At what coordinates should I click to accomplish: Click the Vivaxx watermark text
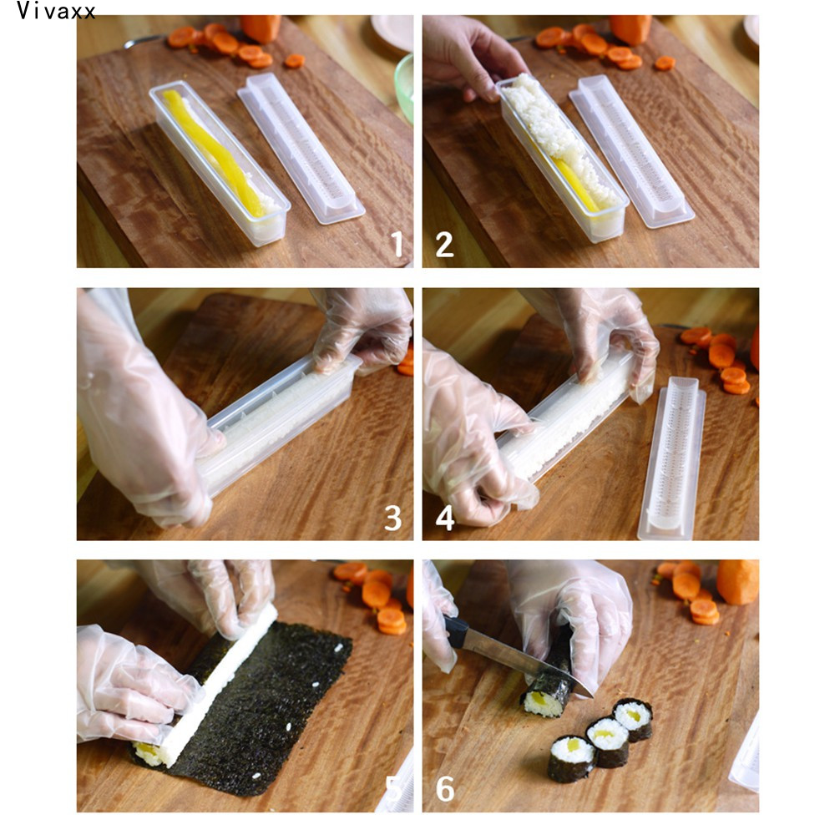(56, 11)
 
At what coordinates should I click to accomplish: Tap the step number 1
(397, 244)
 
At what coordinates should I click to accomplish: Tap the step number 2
(445, 245)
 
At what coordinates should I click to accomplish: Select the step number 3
(393, 519)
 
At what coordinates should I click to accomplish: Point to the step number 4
(445, 518)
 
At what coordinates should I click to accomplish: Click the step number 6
(445, 789)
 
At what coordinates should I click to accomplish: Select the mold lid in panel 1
(301, 148)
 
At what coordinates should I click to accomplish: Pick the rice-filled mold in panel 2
(563, 157)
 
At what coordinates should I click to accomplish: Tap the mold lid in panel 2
(632, 152)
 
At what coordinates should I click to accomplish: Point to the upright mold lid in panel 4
(672, 458)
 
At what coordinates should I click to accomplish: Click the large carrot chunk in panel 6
(737, 582)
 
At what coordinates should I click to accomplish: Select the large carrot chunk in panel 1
(261, 28)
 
